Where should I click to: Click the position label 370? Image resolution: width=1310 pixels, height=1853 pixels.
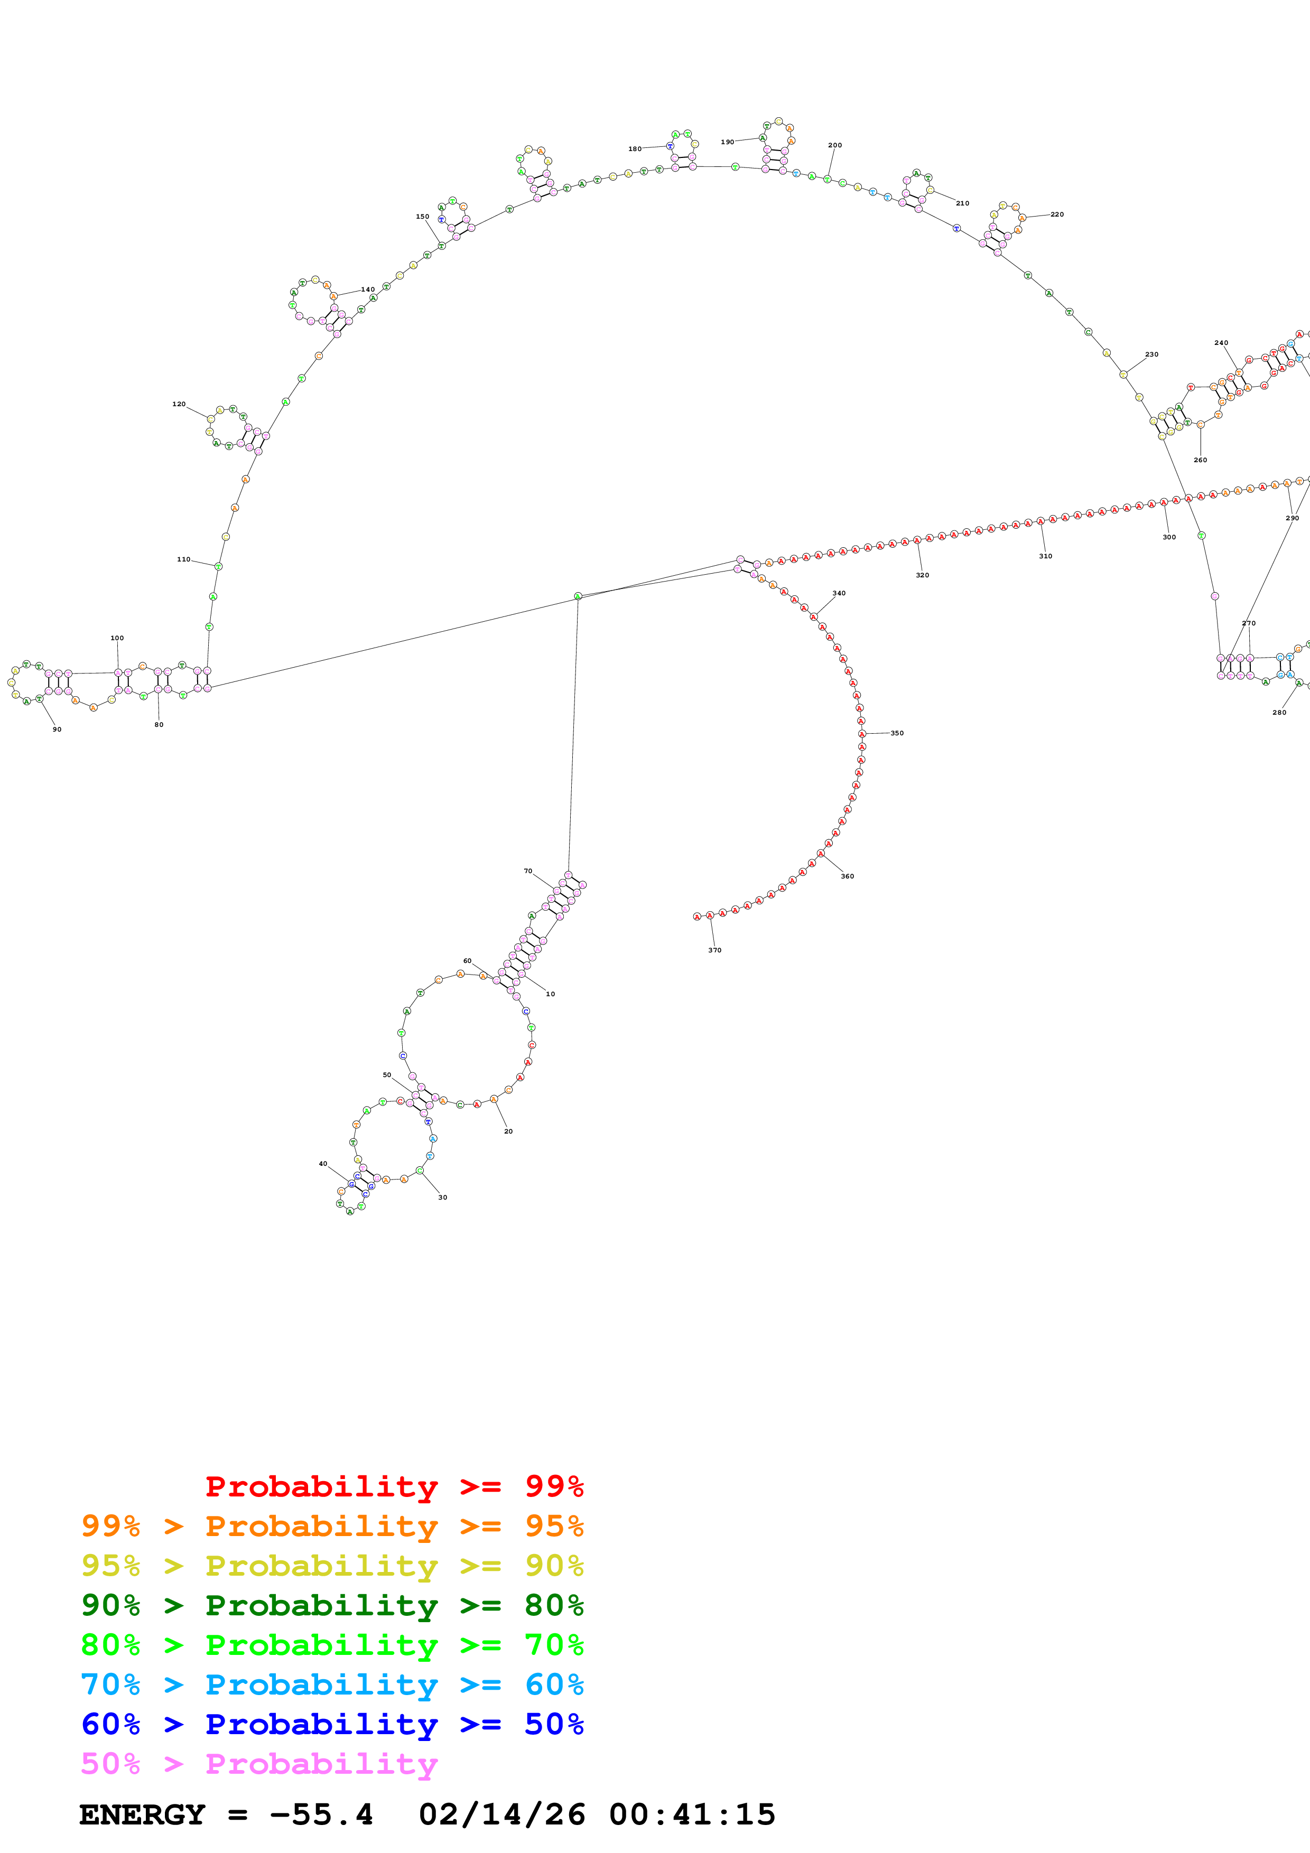714,950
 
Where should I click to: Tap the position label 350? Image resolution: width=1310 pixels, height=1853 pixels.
897,733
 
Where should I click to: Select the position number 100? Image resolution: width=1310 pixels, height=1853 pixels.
117,638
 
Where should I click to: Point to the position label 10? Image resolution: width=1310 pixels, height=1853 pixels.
551,994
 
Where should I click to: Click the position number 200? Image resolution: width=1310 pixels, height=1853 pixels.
834,145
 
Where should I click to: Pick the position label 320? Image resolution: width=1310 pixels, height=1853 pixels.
922,575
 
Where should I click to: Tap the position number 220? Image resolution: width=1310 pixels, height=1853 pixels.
1056,214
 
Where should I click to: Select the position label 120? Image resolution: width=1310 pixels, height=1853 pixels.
179,404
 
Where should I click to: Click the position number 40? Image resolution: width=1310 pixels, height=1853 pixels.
323,1163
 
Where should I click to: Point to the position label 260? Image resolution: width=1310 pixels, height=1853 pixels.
1200,459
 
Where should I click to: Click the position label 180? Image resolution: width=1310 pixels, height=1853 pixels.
635,148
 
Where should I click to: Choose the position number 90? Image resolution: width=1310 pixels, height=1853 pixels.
57,729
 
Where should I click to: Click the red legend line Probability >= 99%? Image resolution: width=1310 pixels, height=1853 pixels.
394,1486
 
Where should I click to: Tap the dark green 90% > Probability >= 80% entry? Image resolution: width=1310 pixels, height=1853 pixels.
332,1604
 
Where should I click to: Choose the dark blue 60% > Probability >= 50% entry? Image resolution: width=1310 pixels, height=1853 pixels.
332,1724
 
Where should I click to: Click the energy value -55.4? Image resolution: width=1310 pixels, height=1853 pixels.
321,1814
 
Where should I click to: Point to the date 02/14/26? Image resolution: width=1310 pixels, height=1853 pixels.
501,1814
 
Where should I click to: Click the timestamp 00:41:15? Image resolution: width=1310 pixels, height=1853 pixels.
692,1814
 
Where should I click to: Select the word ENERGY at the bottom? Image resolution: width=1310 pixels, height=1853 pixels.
142,1814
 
